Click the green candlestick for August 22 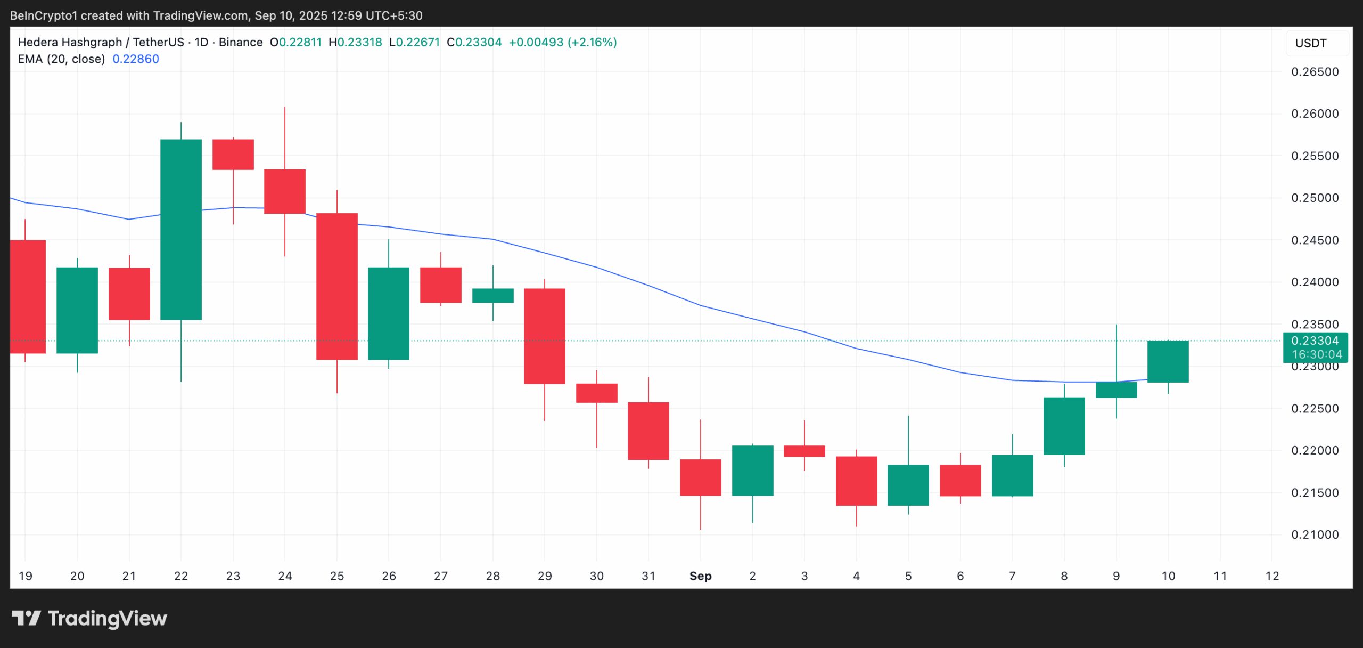(x=181, y=229)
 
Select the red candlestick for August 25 (x=336, y=286)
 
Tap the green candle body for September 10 (x=1168, y=361)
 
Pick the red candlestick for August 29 (x=544, y=336)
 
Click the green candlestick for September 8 (x=1064, y=426)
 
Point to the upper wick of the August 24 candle (x=284, y=137)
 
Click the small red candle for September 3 (x=804, y=451)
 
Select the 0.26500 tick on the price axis (x=1315, y=72)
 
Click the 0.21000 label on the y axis (x=1315, y=534)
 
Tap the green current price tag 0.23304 (x=1315, y=341)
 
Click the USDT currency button (x=1311, y=43)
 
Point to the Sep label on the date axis (x=700, y=576)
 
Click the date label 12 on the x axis (x=1271, y=576)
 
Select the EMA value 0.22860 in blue (x=136, y=59)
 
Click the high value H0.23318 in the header (x=355, y=42)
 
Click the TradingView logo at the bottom (x=89, y=618)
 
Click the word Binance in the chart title (x=240, y=42)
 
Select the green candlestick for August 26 (x=388, y=313)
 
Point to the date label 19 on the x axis (x=25, y=576)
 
